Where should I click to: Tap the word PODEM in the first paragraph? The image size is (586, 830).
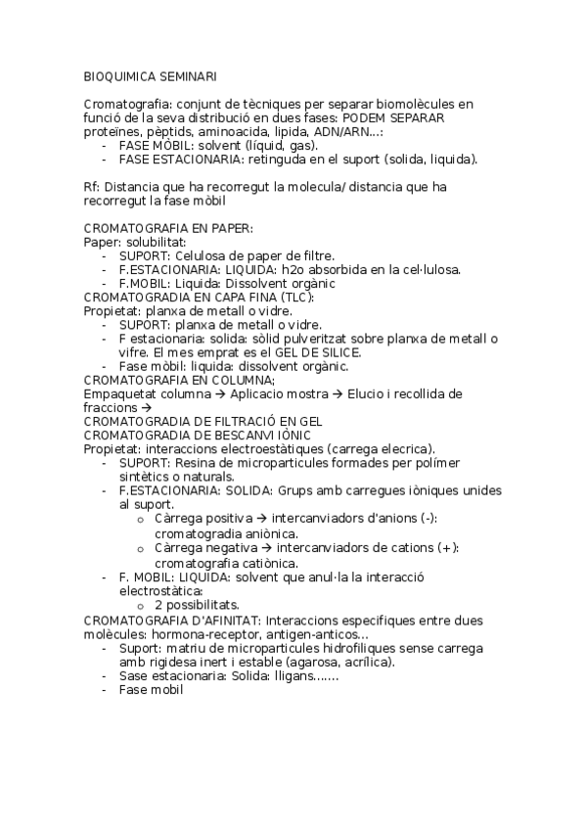365,117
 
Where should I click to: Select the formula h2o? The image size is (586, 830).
293,269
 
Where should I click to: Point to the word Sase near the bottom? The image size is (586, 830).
133,675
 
